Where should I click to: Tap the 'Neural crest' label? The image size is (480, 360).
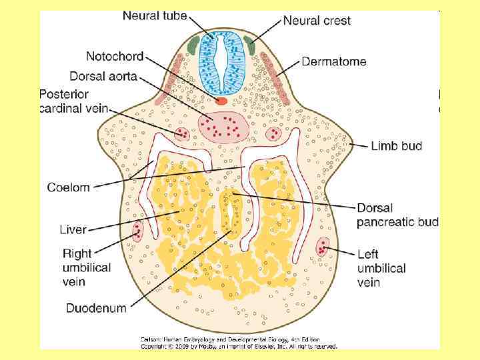pyautogui.click(x=317, y=21)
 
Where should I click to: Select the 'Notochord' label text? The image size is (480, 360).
pyautogui.click(x=115, y=57)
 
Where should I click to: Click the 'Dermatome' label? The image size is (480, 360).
pyautogui.click(x=334, y=62)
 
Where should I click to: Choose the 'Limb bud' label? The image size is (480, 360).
pyautogui.click(x=396, y=145)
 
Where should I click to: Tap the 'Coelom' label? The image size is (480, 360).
pyautogui.click(x=68, y=187)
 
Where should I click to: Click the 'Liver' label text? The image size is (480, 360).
pyautogui.click(x=73, y=229)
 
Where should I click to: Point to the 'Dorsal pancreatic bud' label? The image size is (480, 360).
pyautogui.click(x=397, y=214)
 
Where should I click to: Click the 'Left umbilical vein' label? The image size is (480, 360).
pyautogui.click(x=381, y=268)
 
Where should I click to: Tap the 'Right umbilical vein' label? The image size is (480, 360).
pyautogui.click(x=87, y=267)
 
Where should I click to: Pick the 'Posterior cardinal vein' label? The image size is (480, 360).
pyautogui.click(x=73, y=101)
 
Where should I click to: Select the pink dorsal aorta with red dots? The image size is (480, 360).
pyautogui.click(x=223, y=125)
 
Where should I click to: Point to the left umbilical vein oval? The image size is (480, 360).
pyautogui.click(x=323, y=247)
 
